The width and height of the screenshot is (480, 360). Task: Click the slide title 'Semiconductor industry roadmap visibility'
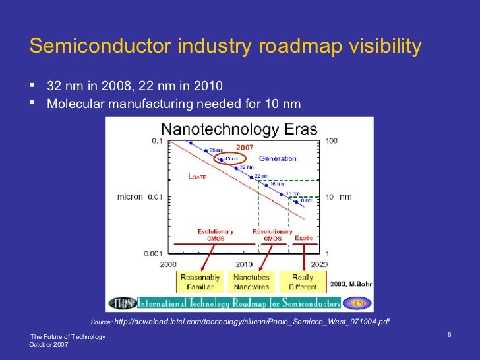click(225, 47)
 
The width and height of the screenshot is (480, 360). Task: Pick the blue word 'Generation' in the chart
click(278, 158)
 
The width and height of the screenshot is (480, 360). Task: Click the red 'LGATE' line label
click(197, 177)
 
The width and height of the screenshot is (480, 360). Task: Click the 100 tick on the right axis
click(332, 140)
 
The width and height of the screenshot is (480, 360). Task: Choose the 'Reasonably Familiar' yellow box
click(200, 282)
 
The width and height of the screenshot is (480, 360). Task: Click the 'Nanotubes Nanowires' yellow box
click(251, 282)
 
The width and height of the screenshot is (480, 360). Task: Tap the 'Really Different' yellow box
click(303, 282)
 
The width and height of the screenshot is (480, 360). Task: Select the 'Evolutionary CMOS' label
click(216, 235)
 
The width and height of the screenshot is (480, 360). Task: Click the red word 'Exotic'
click(304, 238)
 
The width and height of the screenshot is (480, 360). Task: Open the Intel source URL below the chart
click(252, 322)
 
